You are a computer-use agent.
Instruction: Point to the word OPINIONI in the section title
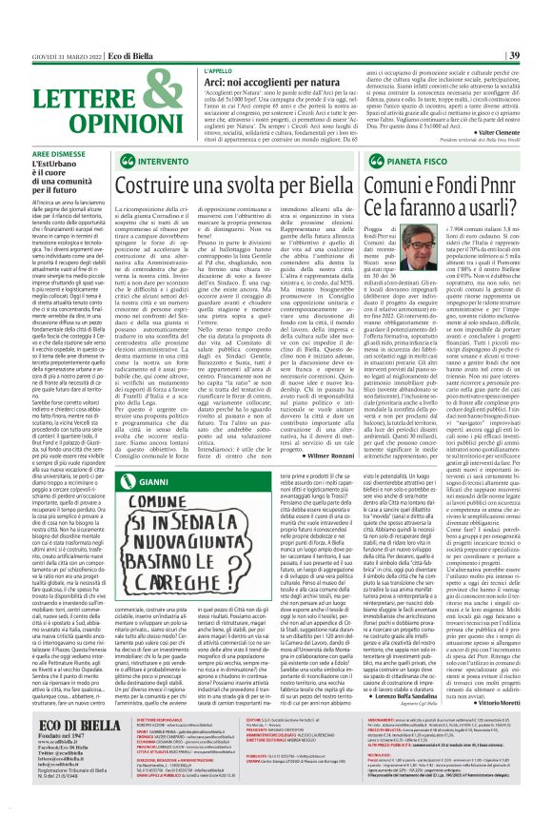pos(80,122)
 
